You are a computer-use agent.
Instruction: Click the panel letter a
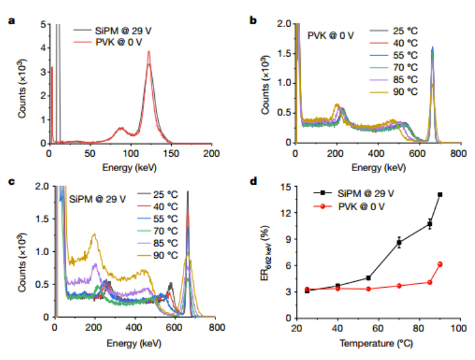point(11,21)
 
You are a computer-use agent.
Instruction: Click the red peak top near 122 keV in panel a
point(149,52)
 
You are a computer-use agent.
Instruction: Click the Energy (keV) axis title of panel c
point(136,342)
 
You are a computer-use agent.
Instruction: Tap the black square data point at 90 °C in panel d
point(440,195)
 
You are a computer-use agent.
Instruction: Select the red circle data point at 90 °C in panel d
point(440,264)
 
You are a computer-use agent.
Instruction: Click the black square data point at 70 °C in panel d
point(399,242)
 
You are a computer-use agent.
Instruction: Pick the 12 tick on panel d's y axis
point(287,213)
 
